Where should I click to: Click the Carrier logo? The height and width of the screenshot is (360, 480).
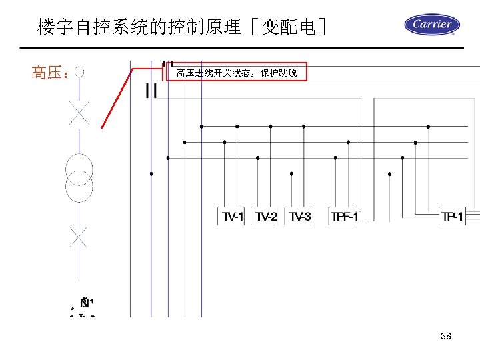tap(431, 25)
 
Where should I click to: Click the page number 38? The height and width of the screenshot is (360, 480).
tap(446, 336)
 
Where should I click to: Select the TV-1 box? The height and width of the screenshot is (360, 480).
tap(233, 216)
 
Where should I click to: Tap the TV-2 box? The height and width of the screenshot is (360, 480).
tap(266, 216)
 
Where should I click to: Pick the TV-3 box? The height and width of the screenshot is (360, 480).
tap(299, 216)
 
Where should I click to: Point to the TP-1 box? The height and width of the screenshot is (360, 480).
tap(453, 216)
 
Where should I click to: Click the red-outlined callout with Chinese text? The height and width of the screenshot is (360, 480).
tap(236, 72)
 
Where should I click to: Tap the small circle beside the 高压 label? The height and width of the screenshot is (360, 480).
tap(79, 71)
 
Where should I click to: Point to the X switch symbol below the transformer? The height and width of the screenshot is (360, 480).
tap(79, 236)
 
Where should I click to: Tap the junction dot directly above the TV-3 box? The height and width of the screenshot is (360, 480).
tap(291, 173)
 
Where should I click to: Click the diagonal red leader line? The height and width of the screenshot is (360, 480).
tap(117, 97)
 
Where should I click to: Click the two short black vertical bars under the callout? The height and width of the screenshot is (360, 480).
tap(152, 91)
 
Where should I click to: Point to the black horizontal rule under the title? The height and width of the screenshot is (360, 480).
tap(240, 48)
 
